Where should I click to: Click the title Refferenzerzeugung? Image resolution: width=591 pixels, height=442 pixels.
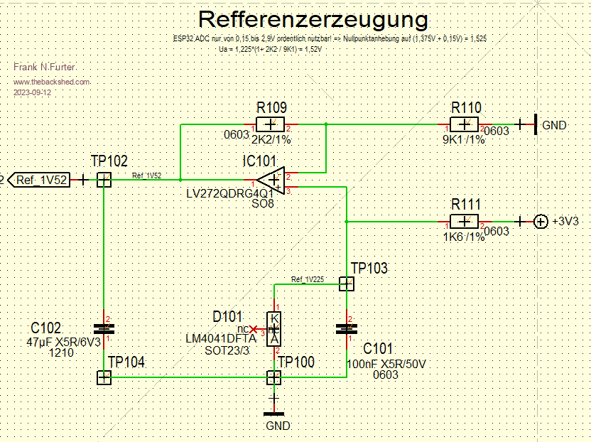click(x=313, y=19)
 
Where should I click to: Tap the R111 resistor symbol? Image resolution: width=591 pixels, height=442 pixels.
click(x=467, y=222)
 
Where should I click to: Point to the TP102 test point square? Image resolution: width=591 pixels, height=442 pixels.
click(x=104, y=180)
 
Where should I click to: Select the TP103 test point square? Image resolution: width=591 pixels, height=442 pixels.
click(x=346, y=284)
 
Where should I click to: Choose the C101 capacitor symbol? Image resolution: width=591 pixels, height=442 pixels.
click(x=346, y=328)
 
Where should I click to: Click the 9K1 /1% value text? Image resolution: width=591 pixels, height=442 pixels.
click(x=463, y=140)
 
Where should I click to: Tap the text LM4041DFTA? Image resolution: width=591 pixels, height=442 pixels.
click(x=221, y=340)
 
